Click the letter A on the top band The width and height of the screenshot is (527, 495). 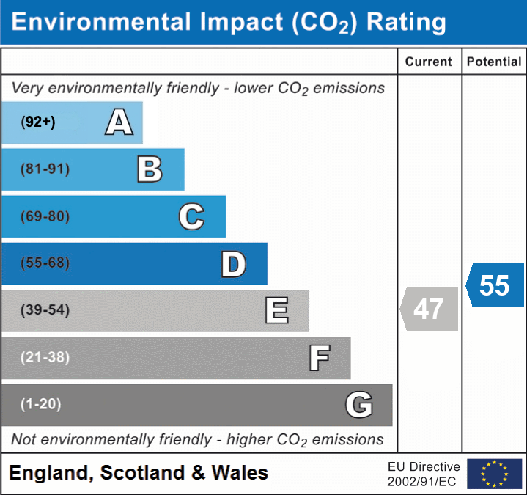(x=119, y=122)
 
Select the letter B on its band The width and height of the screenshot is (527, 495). (x=150, y=169)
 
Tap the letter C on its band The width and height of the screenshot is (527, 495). (x=191, y=216)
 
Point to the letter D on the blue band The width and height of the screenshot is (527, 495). (x=233, y=264)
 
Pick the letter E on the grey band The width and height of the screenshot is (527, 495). (x=276, y=310)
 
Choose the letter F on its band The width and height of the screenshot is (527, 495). (x=319, y=358)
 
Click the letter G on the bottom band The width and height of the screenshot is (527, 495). (x=359, y=405)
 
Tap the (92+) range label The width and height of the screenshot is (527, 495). (x=38, y=122)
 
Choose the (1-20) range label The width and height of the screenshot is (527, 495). (x=41, y=404)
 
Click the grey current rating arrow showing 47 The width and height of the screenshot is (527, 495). (x=430, y=309)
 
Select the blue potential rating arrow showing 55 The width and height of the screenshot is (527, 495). (x=495, y=285)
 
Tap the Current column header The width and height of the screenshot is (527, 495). (x=429, y=62)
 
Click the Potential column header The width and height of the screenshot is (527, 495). (x=494, y=62)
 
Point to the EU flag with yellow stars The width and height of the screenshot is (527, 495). (x=494, y=474)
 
